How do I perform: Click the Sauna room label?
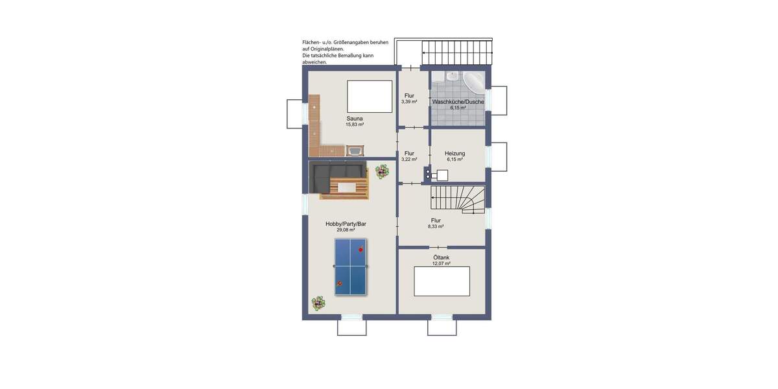click(x=354, y=119)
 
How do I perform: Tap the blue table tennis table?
click(x=351, y=267)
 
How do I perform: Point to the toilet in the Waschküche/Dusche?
click(x=438, y=78)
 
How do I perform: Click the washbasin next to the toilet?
click(x=453, y=77)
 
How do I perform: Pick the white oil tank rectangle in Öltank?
click(x=442, y=281)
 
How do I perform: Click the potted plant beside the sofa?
click(x=382, y=171)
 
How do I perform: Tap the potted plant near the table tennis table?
click(x=318, y=303)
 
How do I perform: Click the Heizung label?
click(x=454, y=154)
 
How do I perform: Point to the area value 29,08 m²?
click(x=346, y=230)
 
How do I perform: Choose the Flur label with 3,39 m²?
click(x=409, y=96)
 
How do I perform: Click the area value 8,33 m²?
click(x=436, y=227)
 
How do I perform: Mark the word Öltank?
click(x=441, y=257)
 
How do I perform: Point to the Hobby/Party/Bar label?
click(x=346, y=224)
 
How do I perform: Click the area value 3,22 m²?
click(x=409, y=159)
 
